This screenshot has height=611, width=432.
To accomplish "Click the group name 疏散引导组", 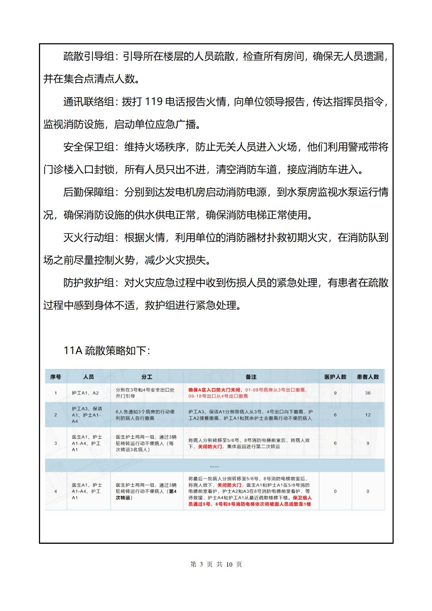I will (89, 57).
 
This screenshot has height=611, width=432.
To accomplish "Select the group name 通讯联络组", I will (89, 102).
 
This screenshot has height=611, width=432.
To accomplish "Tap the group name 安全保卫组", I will (89, 147).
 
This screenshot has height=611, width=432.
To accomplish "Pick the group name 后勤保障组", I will (89, 192).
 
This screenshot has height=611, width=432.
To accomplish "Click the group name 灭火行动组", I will (89, 238).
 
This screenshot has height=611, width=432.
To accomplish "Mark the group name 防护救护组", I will (89, 283).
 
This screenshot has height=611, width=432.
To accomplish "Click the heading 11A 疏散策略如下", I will (107, 351).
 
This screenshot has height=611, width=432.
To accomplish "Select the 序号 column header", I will (55, 377).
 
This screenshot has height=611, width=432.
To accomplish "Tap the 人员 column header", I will (89, 377).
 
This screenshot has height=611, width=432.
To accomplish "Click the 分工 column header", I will (147, 377).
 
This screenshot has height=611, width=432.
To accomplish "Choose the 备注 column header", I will (251, 377).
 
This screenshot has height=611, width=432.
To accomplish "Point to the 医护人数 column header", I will (335, 377).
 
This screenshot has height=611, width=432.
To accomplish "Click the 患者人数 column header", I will (368, 377).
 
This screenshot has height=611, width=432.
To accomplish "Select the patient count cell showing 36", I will (368, 393).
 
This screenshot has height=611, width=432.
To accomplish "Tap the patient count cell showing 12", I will (368, 415).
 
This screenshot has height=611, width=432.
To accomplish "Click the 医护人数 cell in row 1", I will (335, 393).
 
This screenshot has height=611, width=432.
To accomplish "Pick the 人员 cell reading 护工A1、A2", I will (85, 393).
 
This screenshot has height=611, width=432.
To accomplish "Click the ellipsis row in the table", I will (214, 466).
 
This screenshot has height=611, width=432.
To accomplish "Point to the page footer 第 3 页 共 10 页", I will (216, 564).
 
